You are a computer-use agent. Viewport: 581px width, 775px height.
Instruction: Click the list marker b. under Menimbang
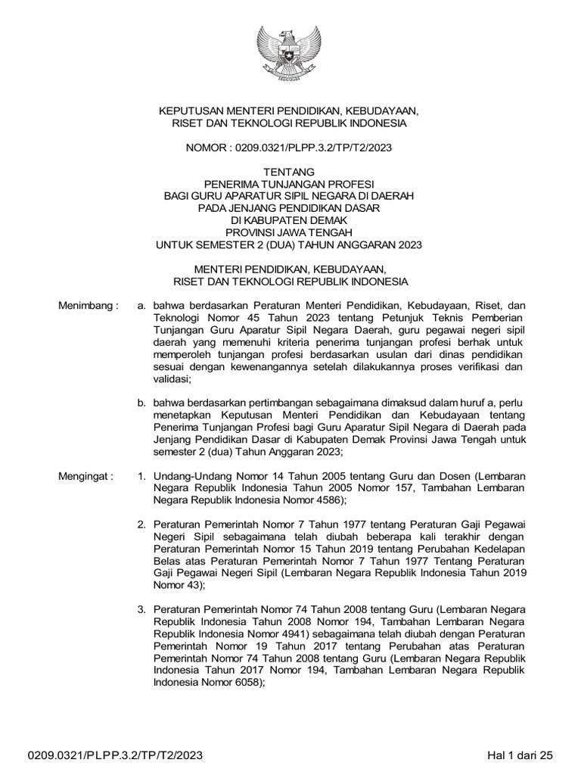[141, 404]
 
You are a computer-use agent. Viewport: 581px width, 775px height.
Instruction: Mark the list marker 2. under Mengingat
[141, 525]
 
